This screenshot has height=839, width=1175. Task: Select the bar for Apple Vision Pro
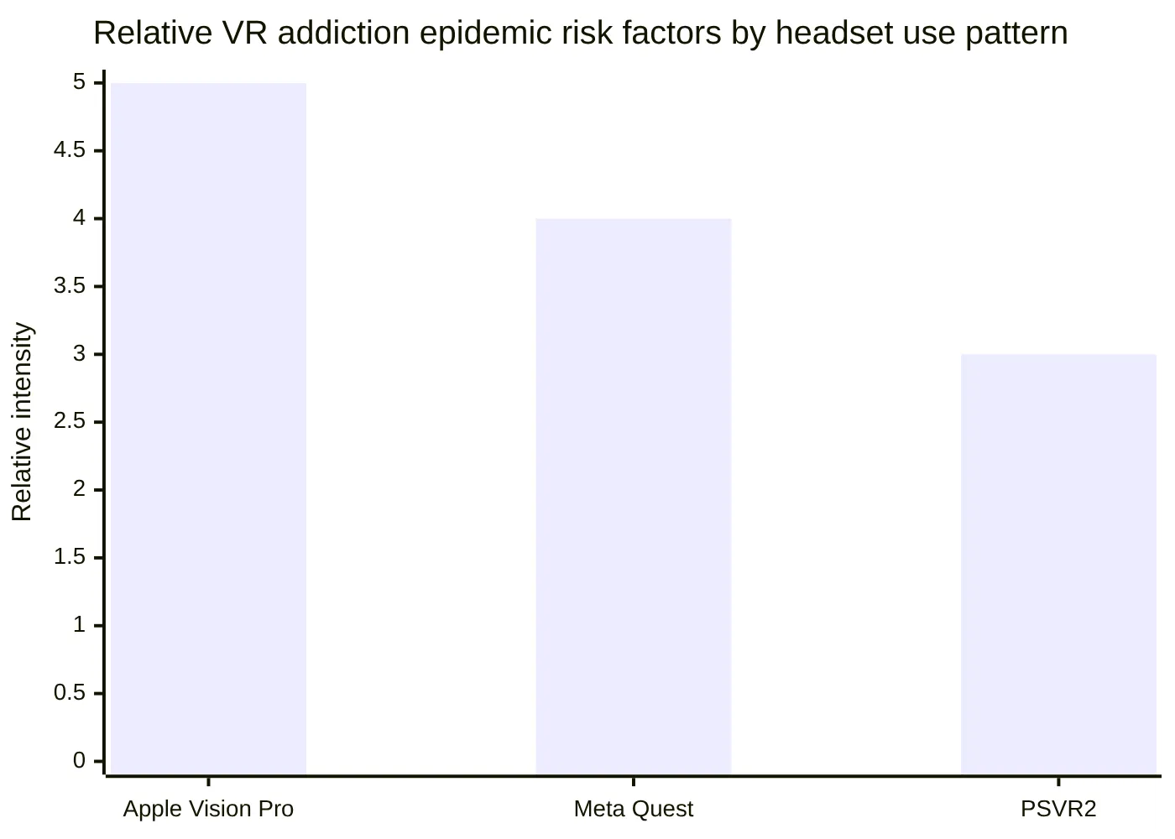click(208, 429)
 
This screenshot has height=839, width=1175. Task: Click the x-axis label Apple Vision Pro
click(208, 809)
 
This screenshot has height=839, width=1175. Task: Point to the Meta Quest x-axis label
click(634, 809)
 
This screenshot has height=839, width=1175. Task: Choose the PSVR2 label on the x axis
click(1058, 809)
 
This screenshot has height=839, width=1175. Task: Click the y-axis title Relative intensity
click(22, 422)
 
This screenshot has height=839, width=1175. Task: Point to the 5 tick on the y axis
click(80, 82)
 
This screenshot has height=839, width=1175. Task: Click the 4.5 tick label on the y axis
click(70, 150)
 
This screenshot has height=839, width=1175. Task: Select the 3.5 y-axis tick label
click(70, 286)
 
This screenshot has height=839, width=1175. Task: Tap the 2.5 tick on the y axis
click(70, 421)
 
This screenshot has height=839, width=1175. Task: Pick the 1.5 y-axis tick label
click(70, 557)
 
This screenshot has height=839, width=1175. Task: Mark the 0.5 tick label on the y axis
click(70, 693)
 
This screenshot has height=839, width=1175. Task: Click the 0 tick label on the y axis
click(80, 761)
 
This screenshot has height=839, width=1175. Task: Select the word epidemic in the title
click(483, 34)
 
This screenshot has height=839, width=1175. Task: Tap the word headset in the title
click(828, 34)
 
